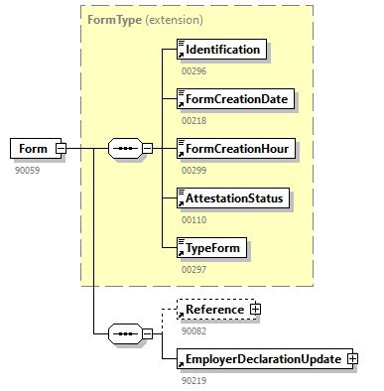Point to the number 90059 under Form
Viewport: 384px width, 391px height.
coord(27,169)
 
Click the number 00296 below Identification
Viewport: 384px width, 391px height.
coord(193,69)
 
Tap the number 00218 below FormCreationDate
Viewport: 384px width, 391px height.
coord(193,119)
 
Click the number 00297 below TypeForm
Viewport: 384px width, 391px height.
coord(193,268)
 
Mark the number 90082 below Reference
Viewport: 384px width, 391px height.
coord(193,329)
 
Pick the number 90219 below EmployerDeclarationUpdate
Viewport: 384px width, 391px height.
coord(193,379)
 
